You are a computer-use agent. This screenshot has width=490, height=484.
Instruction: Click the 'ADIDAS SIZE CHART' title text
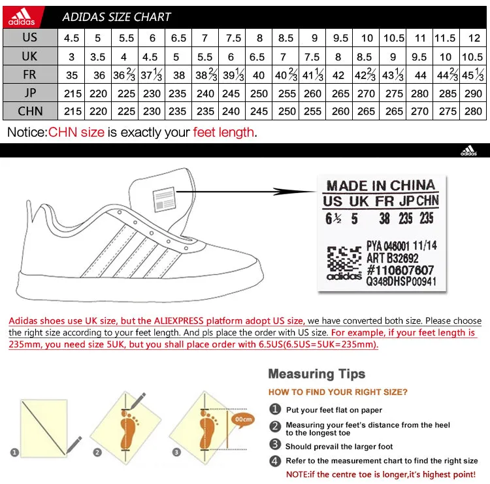coord(116,17)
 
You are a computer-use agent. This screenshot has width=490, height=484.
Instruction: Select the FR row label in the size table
coord(30,74)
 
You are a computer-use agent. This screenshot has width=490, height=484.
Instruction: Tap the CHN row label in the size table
coord(30,111)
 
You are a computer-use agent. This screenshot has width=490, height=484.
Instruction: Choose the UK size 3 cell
coord(72,57)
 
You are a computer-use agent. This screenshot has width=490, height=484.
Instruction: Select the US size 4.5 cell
coord(72,38)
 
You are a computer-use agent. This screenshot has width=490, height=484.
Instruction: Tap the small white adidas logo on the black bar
coord(468,151)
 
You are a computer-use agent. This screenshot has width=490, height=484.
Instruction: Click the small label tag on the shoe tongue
coord(164,198)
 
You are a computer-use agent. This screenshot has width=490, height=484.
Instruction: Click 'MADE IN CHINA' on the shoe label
coord(380,186)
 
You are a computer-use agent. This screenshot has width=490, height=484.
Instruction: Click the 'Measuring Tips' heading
coord(316,373)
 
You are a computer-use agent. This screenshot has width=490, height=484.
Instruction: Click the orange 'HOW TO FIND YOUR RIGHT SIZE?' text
coord(338,392)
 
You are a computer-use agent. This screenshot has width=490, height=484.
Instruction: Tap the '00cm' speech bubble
coord(244,419)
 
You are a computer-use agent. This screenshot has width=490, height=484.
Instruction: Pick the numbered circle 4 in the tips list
coord(275,460)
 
